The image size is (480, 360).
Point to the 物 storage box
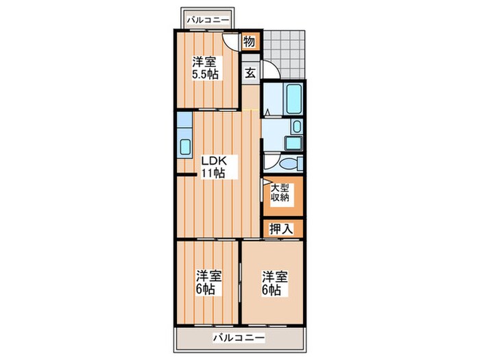point(249,43)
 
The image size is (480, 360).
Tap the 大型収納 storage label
point(279,193)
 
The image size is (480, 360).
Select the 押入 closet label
point(281,229)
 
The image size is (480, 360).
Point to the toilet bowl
point(289,163)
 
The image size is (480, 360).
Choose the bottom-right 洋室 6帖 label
point(274,283)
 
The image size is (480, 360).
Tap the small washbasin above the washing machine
point(296,126)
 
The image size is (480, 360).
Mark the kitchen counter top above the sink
point(184,123)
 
